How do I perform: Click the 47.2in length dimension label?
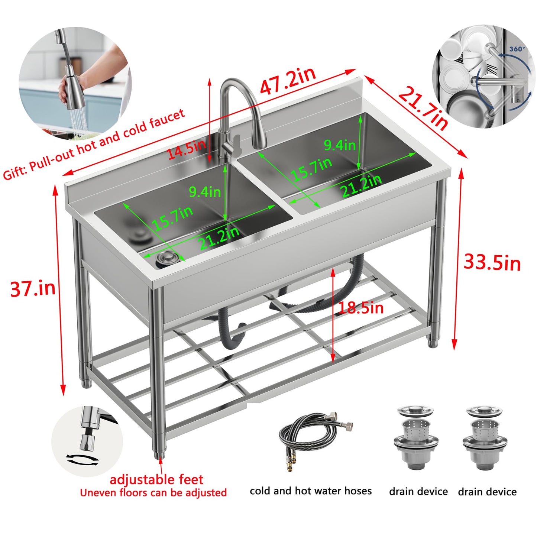coord(288,81)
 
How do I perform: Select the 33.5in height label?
coord(492,263)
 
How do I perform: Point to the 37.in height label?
coord(33,288)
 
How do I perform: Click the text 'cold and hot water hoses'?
coord(311,491)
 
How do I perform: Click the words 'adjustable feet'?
coord(156,479)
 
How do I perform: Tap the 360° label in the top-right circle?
coord(517,49)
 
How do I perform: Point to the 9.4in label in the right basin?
coord(339,145)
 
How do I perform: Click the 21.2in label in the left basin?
coord(219,238)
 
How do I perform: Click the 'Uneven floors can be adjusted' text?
coord(153,493)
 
